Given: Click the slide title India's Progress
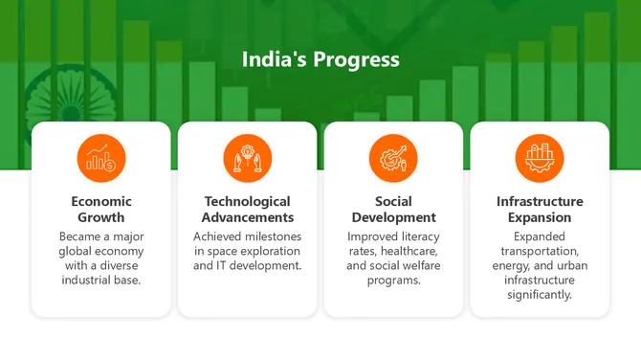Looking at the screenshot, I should point(320,60).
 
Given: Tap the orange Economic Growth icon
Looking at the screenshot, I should point(101,158).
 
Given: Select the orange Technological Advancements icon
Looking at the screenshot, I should point(247,158).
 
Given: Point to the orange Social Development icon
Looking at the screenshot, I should point(393,158).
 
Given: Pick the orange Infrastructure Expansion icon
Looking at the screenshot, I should point(540,158).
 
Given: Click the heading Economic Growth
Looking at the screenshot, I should point(101,210).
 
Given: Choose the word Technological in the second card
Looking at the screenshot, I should point(247,202).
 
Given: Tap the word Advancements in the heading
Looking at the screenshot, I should point(247,217).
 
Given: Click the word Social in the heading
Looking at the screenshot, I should point(393,202).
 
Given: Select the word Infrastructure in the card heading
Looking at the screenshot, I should point(540,202).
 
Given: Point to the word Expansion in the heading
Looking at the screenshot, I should point(540,217).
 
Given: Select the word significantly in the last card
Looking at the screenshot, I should point(540,294).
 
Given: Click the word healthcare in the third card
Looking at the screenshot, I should point(409,250).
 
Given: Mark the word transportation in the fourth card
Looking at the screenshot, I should point(540,250).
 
